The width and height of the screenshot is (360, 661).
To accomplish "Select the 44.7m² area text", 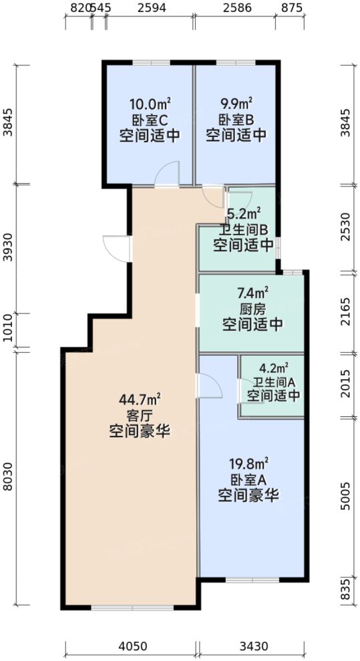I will [139, 400].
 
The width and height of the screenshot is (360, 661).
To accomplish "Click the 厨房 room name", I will [252, 309].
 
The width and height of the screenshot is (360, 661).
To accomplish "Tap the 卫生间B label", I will [243, 230].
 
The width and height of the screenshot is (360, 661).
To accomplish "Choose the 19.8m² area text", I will [248, 463].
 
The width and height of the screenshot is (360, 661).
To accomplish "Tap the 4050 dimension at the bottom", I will [132, 646].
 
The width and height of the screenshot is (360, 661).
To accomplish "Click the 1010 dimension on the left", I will [9, 331].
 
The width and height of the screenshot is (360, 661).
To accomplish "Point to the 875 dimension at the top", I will [292, 9].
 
